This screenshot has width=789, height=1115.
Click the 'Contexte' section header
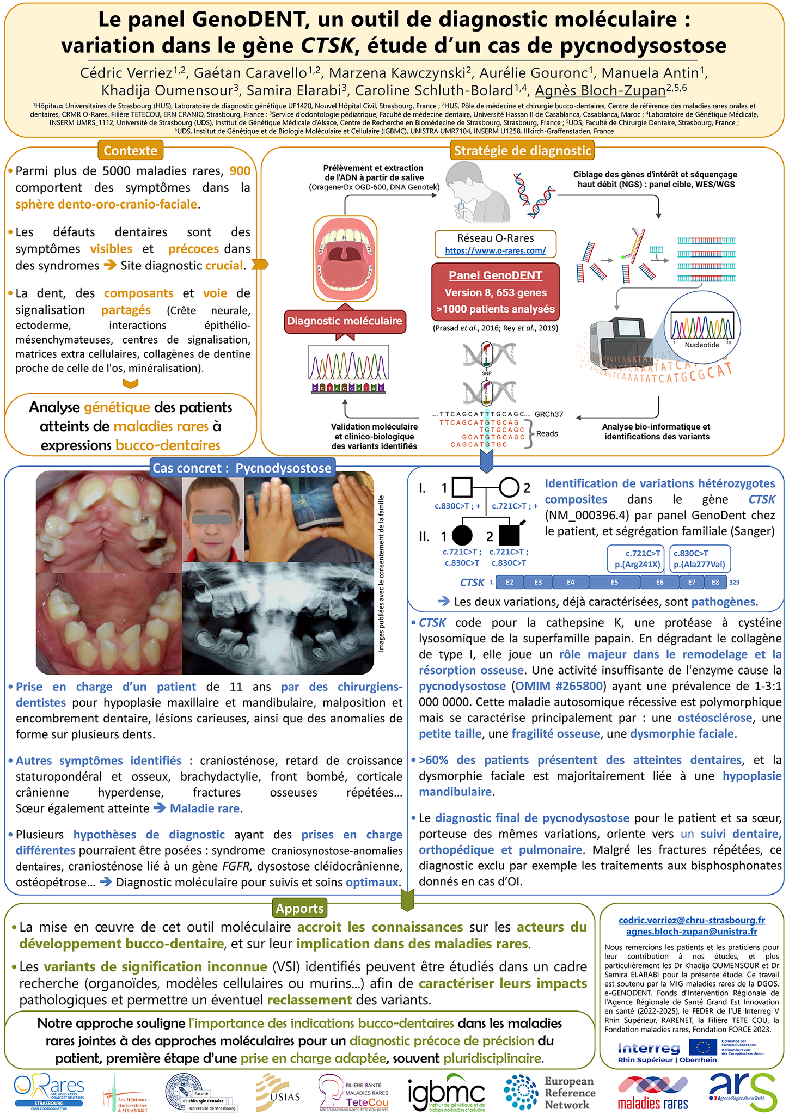coord(130,151)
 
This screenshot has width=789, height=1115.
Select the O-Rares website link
coord(495,250)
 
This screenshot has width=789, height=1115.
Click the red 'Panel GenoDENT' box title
coord(495,275)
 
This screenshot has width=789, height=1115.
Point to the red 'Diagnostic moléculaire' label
coord(345,321)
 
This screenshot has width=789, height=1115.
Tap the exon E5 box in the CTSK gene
coord(614,582)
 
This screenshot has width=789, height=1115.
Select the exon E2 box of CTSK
coord(509,582)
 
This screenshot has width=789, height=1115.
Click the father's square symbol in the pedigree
coord(462,487)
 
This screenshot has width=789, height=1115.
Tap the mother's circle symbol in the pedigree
coord(509,487)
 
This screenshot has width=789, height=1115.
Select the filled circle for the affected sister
coord(462,536)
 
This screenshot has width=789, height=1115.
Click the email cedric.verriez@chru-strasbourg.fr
coord(692,920)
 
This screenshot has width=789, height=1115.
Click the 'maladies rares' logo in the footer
coord(653,1093)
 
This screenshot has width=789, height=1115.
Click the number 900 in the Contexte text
coord(240,171)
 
